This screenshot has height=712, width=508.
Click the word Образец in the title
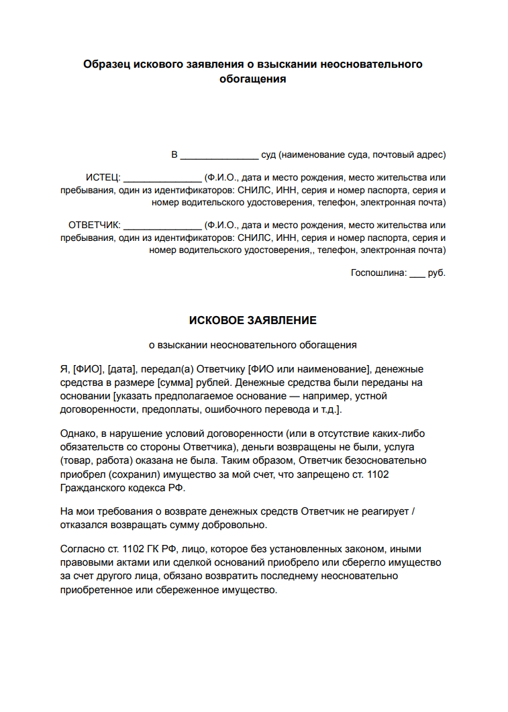(107, 64)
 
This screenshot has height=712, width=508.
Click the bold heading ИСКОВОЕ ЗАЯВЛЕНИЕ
(252, 321)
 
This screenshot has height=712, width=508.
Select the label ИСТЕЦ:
(103, 178)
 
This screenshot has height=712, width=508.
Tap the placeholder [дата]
(121, 370)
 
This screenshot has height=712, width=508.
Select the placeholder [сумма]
(175, 383)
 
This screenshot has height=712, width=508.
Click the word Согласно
(83, 549)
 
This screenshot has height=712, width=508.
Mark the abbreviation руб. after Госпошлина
(437, 273)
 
